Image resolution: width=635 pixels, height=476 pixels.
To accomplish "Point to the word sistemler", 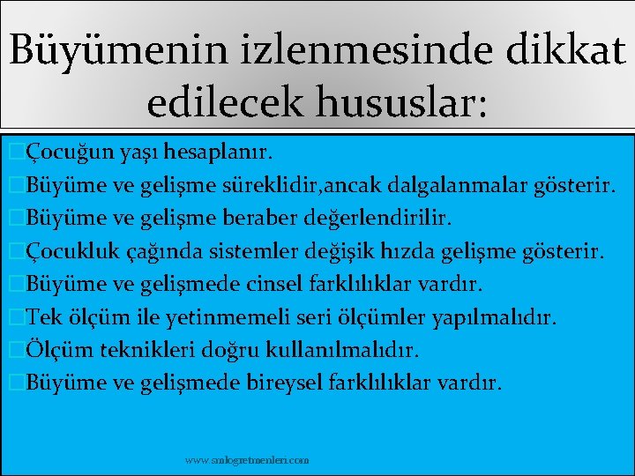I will (x=250, y=251).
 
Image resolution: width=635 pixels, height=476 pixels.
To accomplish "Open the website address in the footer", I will (x=247, y=460).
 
